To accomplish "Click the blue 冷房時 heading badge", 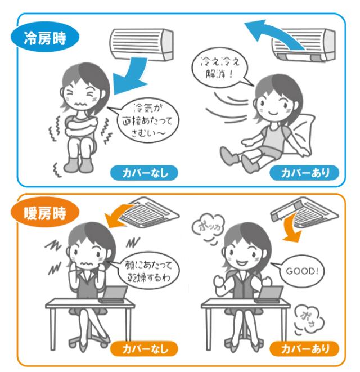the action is click(45, 38).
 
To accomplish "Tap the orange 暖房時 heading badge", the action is click(45, 213).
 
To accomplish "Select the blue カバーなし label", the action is click(144, 173).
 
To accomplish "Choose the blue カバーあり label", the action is click(304, 173).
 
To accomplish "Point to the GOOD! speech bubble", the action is click(301, 271).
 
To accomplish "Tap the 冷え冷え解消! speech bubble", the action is click(219, 68).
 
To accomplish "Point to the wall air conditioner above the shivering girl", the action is click(142, 44).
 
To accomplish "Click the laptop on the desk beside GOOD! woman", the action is click(269, 294).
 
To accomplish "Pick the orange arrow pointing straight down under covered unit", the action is click(291, 228).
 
